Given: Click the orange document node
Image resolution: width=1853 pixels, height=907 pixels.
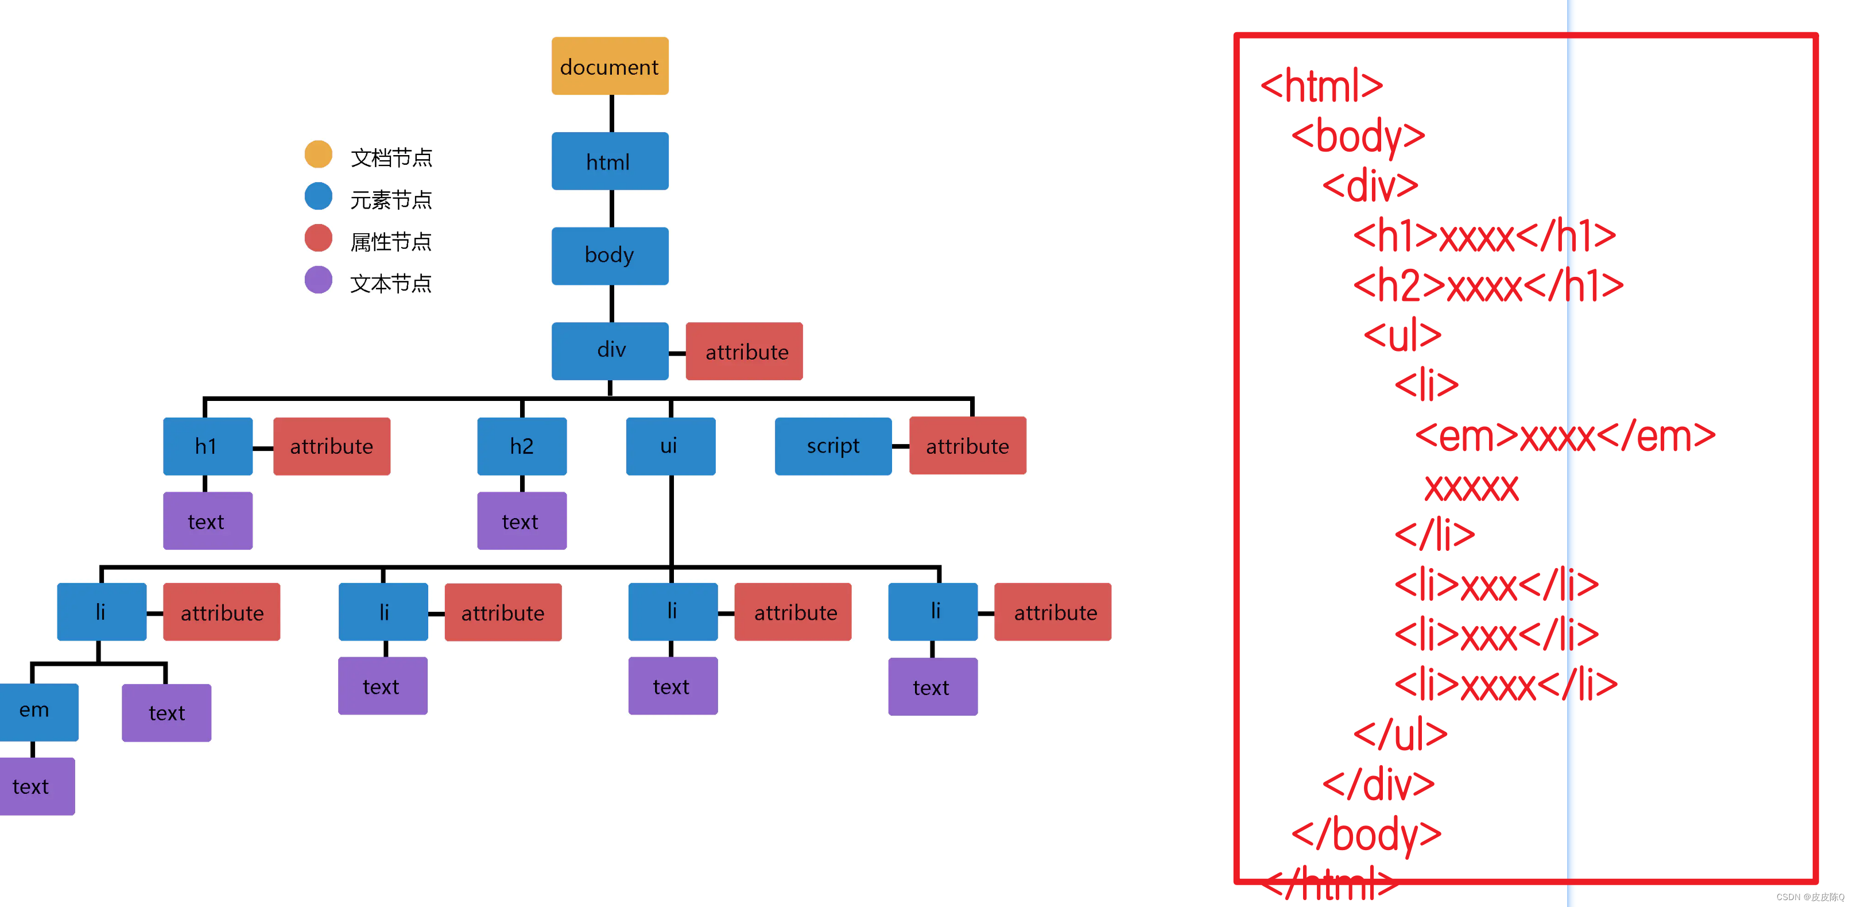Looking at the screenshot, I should [609, 66].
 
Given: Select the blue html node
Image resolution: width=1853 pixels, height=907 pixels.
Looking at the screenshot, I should [609, 161].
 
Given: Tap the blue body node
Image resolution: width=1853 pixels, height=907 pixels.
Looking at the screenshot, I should [609, 256].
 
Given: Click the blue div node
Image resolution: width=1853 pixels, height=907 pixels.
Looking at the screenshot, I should [609, 350].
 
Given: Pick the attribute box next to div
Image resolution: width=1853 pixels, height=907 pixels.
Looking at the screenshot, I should [744, 352].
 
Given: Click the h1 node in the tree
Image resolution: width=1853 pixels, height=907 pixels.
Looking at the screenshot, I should [207, 446].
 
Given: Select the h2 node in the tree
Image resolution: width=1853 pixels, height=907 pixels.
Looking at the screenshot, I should [522, 446].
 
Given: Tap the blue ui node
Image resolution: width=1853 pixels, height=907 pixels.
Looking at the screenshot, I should [670, 446].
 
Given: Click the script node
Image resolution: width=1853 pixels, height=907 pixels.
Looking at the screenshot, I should [832, 446].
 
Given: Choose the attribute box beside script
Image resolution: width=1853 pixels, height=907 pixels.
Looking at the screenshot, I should [967, 446].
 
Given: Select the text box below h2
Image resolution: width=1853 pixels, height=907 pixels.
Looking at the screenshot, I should [522, 521].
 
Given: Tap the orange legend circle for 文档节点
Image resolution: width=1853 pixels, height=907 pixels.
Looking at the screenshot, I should [318, 154].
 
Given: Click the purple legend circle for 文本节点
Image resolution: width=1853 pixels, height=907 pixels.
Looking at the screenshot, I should [318, 280].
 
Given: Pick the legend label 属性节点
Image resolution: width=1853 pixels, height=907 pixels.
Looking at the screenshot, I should [390, 242].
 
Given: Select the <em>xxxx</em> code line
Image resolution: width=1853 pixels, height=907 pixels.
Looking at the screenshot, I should [1565, 436].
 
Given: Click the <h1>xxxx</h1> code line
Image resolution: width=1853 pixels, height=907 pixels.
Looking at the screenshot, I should [1484, 236].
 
